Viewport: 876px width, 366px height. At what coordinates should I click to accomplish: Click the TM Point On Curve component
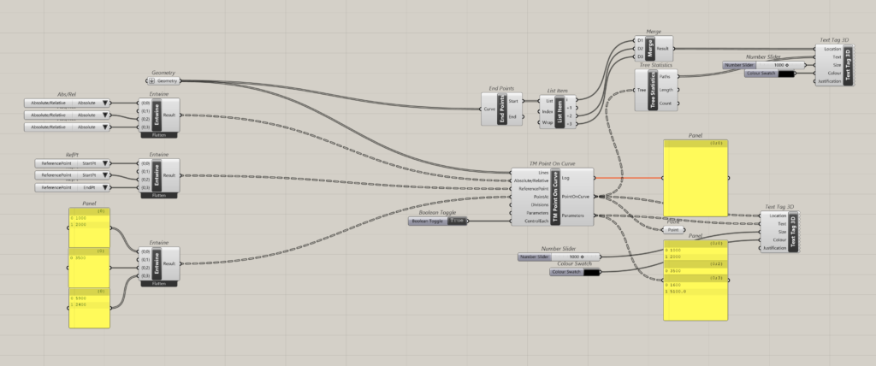[x=554, y=198]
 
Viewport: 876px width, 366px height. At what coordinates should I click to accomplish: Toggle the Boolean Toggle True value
[x=458, y=221]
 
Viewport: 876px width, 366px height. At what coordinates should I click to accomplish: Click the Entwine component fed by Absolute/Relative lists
[x=158, y=114]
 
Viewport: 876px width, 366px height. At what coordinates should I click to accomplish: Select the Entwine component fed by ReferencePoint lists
[x=158, y=174]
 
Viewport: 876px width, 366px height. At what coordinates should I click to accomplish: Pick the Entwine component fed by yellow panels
[x=158, y=263]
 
